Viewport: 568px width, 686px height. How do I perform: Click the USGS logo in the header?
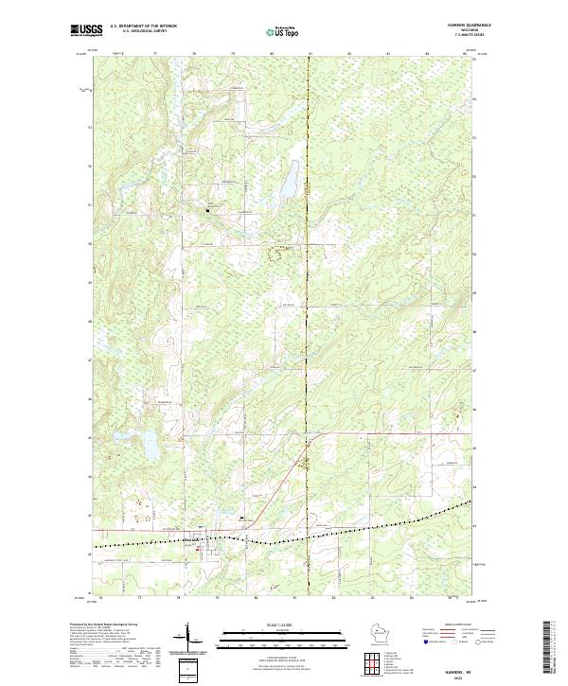(x=87, y=30)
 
